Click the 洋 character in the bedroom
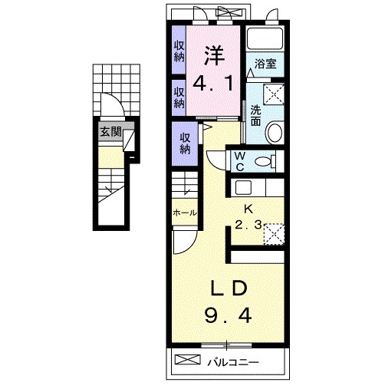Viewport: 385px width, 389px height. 214,55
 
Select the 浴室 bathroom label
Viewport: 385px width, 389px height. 265,64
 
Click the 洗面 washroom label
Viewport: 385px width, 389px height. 255,115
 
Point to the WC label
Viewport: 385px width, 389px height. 239,161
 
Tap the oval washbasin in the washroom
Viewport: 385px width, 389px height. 275,134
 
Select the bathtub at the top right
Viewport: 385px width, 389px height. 265,38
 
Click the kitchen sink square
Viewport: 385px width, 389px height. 243,187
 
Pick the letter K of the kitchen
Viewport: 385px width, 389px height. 248,209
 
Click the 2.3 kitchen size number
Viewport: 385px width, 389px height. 248,225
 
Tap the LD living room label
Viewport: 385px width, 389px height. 229,288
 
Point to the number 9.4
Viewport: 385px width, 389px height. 228,315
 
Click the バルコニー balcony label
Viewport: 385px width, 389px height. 233,362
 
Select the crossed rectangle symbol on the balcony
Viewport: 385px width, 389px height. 187,359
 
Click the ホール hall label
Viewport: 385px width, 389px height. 185,213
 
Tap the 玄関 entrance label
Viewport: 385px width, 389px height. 110,132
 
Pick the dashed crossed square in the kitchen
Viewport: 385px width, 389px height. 275,234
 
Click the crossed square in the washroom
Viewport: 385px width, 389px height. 274,94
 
